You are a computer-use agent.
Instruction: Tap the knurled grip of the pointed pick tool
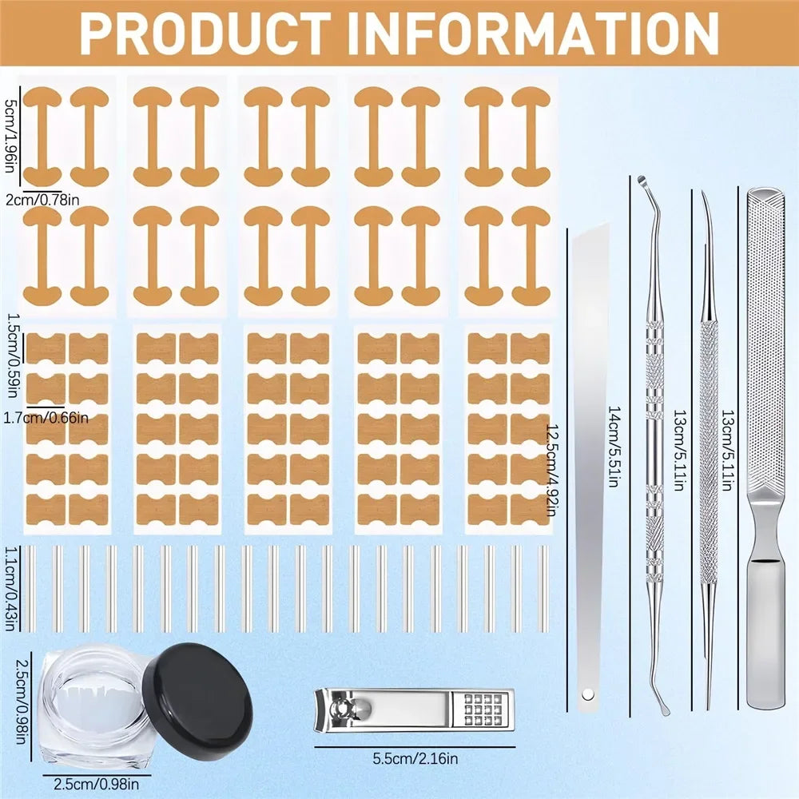point(706,384)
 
